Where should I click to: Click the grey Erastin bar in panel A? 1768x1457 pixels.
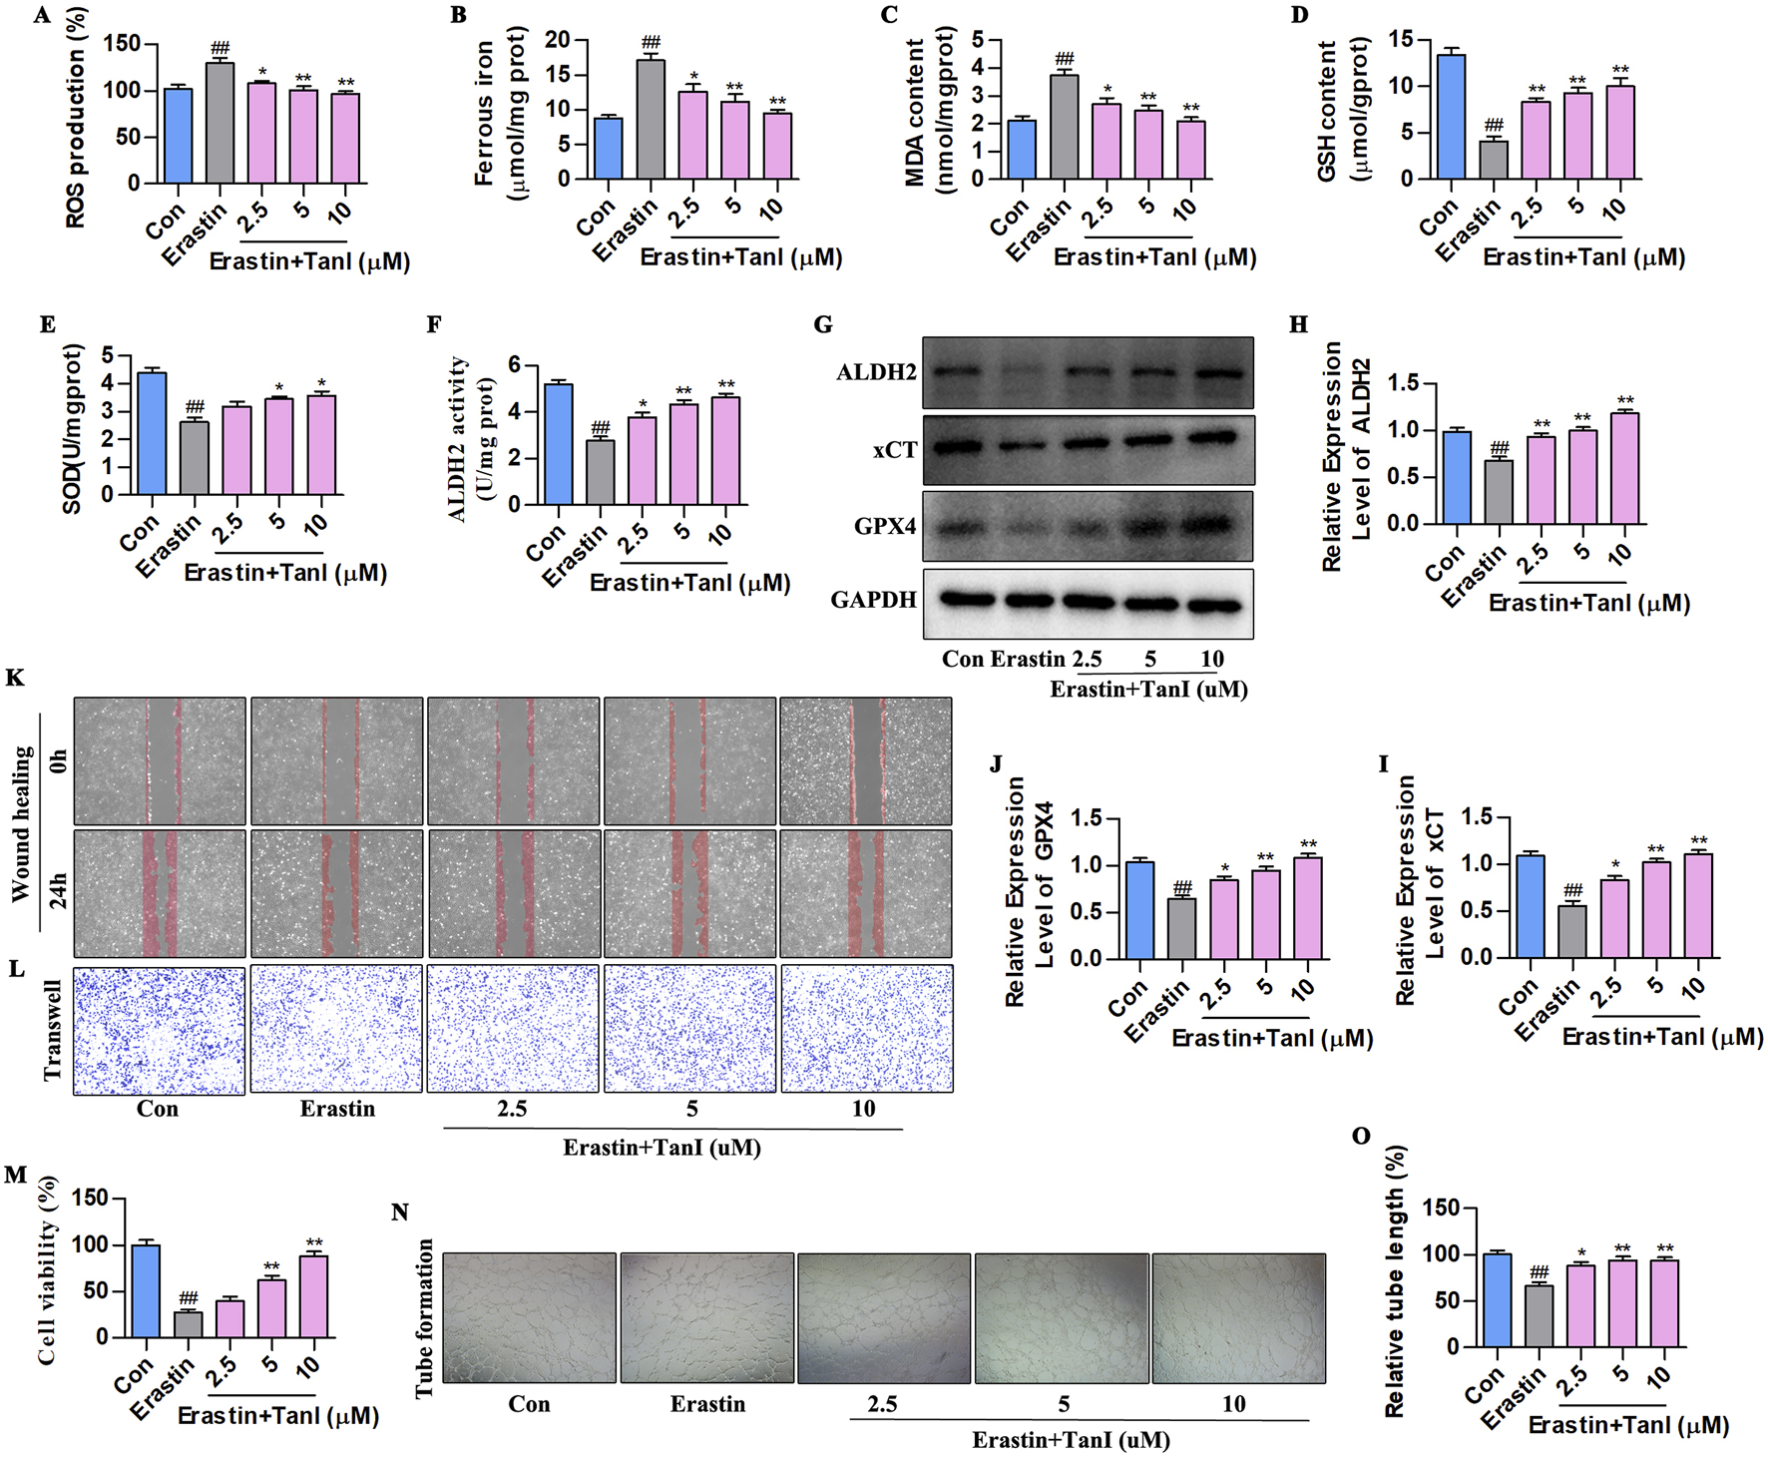[x=220, y=124]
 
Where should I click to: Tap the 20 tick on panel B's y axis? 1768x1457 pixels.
[x=557, y=40]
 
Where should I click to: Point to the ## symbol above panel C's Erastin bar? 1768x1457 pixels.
[x=1064, y=60]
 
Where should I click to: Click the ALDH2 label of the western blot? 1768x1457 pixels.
[x=876, y=373]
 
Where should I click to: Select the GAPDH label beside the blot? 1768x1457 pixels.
[x=873, y=600]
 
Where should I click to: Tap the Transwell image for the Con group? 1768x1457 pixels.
[x=159, y=1029]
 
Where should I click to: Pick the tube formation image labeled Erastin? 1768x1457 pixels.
[x=706, y=1317]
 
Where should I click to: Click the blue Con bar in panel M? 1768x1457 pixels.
[x=146, y=1291]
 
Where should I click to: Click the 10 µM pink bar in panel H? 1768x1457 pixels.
[x=1624, y=469]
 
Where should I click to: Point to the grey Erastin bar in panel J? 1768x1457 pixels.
[x=1181, y=929]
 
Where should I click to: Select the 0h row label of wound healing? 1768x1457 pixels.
[x=58, y=761]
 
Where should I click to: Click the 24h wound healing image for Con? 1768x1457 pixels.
[x=159, y=893]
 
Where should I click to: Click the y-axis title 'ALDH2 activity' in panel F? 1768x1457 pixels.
[x=458, y=439]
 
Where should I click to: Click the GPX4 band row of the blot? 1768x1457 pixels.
[x=1088, y=526]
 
